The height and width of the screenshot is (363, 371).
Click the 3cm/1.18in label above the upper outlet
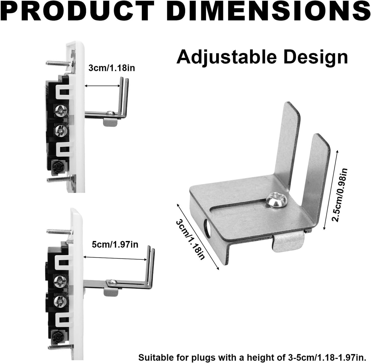click(111, 68)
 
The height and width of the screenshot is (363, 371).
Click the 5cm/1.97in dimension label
click(115, 245)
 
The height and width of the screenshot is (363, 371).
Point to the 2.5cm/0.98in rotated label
click(339, 195)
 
